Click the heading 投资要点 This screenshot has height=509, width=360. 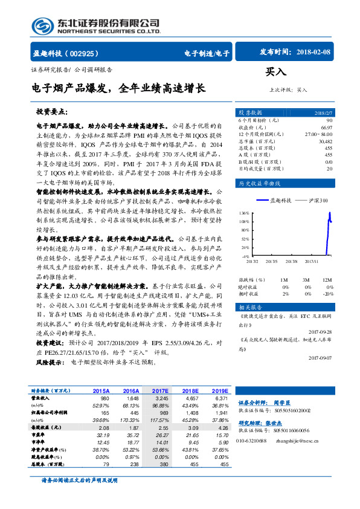52,112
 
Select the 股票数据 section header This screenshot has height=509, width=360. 250,112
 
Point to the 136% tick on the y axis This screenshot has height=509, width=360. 244,213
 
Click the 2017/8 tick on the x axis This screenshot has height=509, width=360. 291,262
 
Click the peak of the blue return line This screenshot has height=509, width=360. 329,213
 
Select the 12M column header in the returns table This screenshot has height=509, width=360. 327,280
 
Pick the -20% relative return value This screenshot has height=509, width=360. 327,293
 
